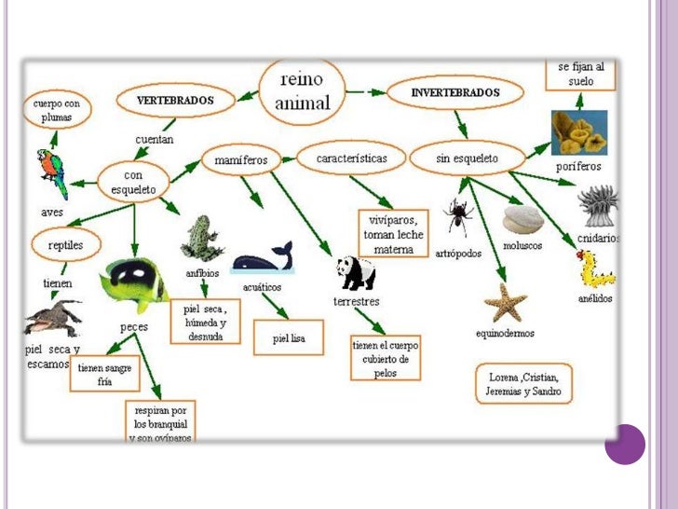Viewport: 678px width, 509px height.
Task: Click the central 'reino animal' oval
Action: click(304, 91)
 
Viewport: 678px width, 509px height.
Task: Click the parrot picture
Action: click(52, 172)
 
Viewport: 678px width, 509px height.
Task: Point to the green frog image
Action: click(201, 239)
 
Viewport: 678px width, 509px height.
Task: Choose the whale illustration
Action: click(263, 257)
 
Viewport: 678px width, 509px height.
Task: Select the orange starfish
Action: click(506, 303)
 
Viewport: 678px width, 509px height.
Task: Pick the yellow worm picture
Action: click(594, 268)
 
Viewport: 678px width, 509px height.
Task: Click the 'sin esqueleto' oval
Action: click(467, 159)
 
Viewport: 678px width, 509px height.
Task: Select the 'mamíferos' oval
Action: click(240, 160)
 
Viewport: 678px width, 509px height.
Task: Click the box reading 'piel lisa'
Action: click(289, 337)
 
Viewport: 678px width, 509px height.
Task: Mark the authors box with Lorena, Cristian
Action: click(523, 384)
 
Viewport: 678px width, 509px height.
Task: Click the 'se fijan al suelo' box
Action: click(581, 75)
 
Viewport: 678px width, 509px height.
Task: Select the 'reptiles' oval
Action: click(59, 245)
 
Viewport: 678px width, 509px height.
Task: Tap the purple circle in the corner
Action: click(625, 445)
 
